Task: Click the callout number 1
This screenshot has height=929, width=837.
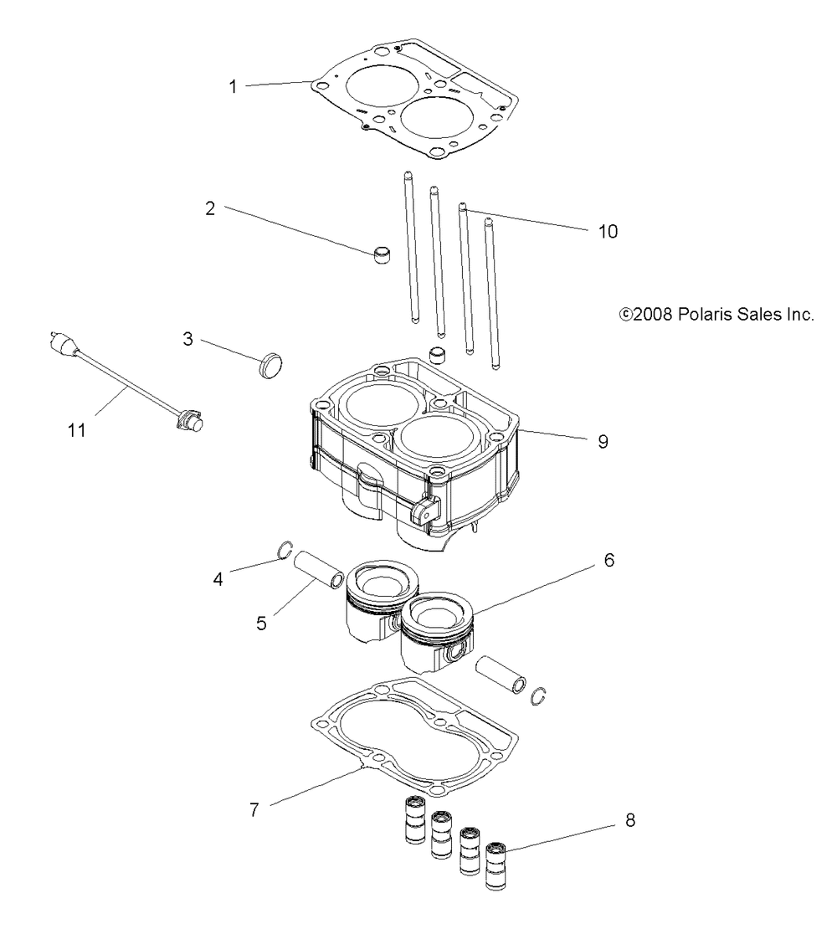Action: (x=234, y=85)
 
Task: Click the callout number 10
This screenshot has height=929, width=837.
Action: (x=608, y=230)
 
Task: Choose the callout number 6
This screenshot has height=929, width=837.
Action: (x=608, y=560)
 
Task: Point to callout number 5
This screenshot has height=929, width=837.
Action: (x=262, y=624)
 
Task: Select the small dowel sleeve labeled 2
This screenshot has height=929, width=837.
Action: (x=383, y=254)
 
